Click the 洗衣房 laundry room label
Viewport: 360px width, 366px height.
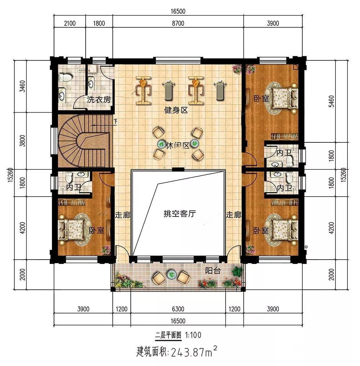coord(99,100)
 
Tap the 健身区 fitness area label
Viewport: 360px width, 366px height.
coord(176,110)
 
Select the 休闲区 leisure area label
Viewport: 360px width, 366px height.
coord(177,146)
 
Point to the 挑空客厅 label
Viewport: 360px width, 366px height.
coord(180,214)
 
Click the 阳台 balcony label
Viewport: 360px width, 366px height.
coord(213,270)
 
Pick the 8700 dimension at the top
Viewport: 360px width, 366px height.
coord(178,23)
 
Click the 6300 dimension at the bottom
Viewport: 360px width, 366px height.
coord(178,309)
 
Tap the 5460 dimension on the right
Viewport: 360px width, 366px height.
coord(331,101)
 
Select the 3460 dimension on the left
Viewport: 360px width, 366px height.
coord(22,86)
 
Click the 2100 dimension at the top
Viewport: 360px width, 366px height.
coord(70,23)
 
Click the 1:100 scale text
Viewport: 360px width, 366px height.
coord(193,335)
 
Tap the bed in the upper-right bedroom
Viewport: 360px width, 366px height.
coord(285,98)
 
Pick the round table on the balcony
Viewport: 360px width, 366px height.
coord(172,275)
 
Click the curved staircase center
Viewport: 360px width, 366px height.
coord(83,141)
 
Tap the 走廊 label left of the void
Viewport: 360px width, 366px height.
coord(122,215)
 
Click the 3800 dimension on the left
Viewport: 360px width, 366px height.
coord(22,141)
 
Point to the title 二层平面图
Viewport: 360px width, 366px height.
coord(168,335)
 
